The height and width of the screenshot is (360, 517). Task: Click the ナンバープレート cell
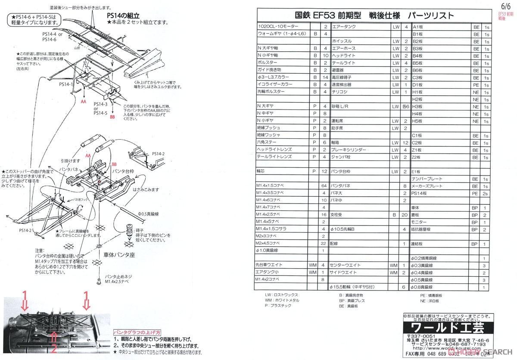427,179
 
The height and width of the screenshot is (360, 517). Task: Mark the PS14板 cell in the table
419,194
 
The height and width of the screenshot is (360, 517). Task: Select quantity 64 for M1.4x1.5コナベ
323,186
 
